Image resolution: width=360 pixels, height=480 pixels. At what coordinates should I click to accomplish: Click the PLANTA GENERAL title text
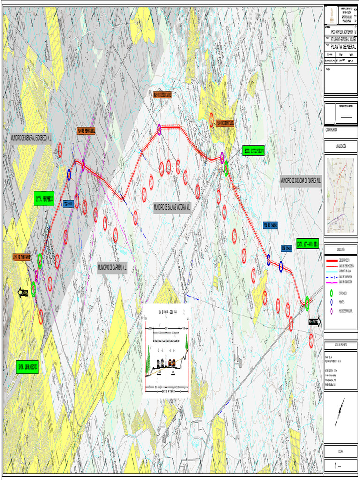[x=343, y=47]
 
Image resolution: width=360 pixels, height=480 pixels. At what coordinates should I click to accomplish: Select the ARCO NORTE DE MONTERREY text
[x=344, y=31]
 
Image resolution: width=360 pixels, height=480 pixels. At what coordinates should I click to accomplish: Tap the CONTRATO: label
[x=331, y=130]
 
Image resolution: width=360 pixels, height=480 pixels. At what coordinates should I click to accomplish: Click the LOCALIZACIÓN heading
[x=340, y=146]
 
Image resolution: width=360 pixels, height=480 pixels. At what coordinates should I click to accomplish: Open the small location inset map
[x=340, y=195]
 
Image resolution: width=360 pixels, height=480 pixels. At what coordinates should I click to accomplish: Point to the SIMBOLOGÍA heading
[x=340, y=249]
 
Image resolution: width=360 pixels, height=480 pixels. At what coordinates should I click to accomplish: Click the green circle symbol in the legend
[x=332, y=293]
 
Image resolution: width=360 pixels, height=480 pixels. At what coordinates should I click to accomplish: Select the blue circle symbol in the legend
[x=332, y=302]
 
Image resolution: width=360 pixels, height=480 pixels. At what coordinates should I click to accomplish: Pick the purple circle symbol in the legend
[x=332, y=311]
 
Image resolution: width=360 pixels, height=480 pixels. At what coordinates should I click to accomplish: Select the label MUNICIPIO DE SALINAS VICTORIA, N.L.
[x=172, y=206]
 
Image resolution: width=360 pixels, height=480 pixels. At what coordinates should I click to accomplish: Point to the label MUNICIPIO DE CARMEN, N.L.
[x=112, y=268]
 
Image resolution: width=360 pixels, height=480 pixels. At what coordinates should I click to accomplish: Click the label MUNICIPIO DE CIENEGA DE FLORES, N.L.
[x=300, y=180]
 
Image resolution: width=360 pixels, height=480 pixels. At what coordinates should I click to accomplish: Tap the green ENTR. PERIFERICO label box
[x=44, y=198]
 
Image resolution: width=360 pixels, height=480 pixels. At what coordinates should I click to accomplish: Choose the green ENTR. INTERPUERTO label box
[x=254, y=151]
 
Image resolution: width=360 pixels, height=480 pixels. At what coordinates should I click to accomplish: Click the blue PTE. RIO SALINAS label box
[x=270, y=225]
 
